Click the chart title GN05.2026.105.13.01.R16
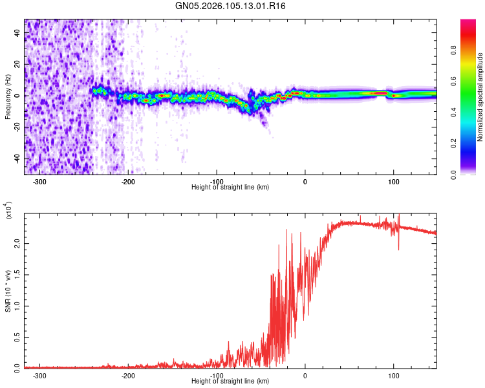pyautogui.click(x=231, y=6)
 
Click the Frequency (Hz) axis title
pyautogui.click(x=8, y=97)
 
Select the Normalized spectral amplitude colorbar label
pyautogui.click(x=480, y=97)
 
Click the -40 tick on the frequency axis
pyautogui.click(x=16, y=159)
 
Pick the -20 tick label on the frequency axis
pyautogui.click(x=16, y=127)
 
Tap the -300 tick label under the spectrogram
pyautogui.click(x=39, y=182)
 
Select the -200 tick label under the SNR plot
pyautogui.click(x=128, y=375)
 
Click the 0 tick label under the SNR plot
pyautogui.click(x=306, y=375)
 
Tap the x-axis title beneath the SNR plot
pyautogui.click(x=231, y=381)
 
